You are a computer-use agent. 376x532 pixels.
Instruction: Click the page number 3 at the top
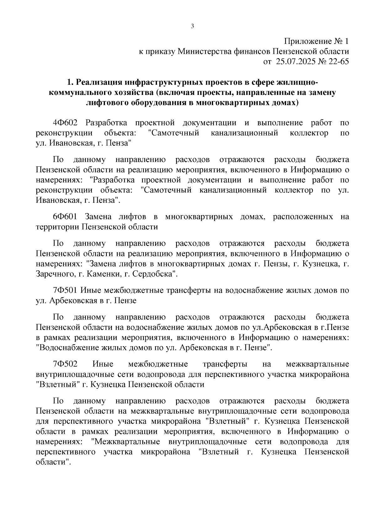pyautogui.click(x=192, y=26)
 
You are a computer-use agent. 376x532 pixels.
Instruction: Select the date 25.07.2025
pyautogui.click(x=296, y=61)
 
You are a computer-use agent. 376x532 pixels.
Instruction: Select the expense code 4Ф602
pyautogui.click(x=65, y=123)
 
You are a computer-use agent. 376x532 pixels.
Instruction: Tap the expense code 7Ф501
pyautogui.click(x=65, y=290)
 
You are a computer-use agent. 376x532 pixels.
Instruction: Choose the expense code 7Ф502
pyautogui.click(x=65, y=364)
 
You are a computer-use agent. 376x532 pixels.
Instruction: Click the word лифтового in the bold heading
pyautogui.click(x=108, y=103)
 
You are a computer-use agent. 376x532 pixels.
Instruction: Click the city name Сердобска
pyautogui.click(x=153, y=274)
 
